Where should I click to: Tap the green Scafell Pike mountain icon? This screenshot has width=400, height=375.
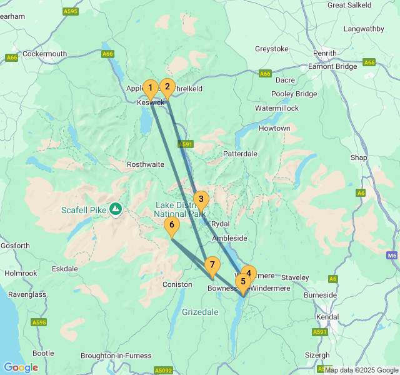116,209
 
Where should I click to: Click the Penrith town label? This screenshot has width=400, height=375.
325,53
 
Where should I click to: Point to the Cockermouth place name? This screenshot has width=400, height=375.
44,54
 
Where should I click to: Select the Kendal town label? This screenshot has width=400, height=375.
328,317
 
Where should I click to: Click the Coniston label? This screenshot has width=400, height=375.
177,284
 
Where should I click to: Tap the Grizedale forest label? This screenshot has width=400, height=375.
200,311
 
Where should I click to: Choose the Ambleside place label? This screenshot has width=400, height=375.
230,238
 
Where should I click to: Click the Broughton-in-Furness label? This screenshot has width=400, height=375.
116,356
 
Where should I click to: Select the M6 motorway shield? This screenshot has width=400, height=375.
392,255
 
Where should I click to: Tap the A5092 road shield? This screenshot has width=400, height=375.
163,370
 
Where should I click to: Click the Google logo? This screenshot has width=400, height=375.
21,367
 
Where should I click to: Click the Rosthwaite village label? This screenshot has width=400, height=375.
145,164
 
